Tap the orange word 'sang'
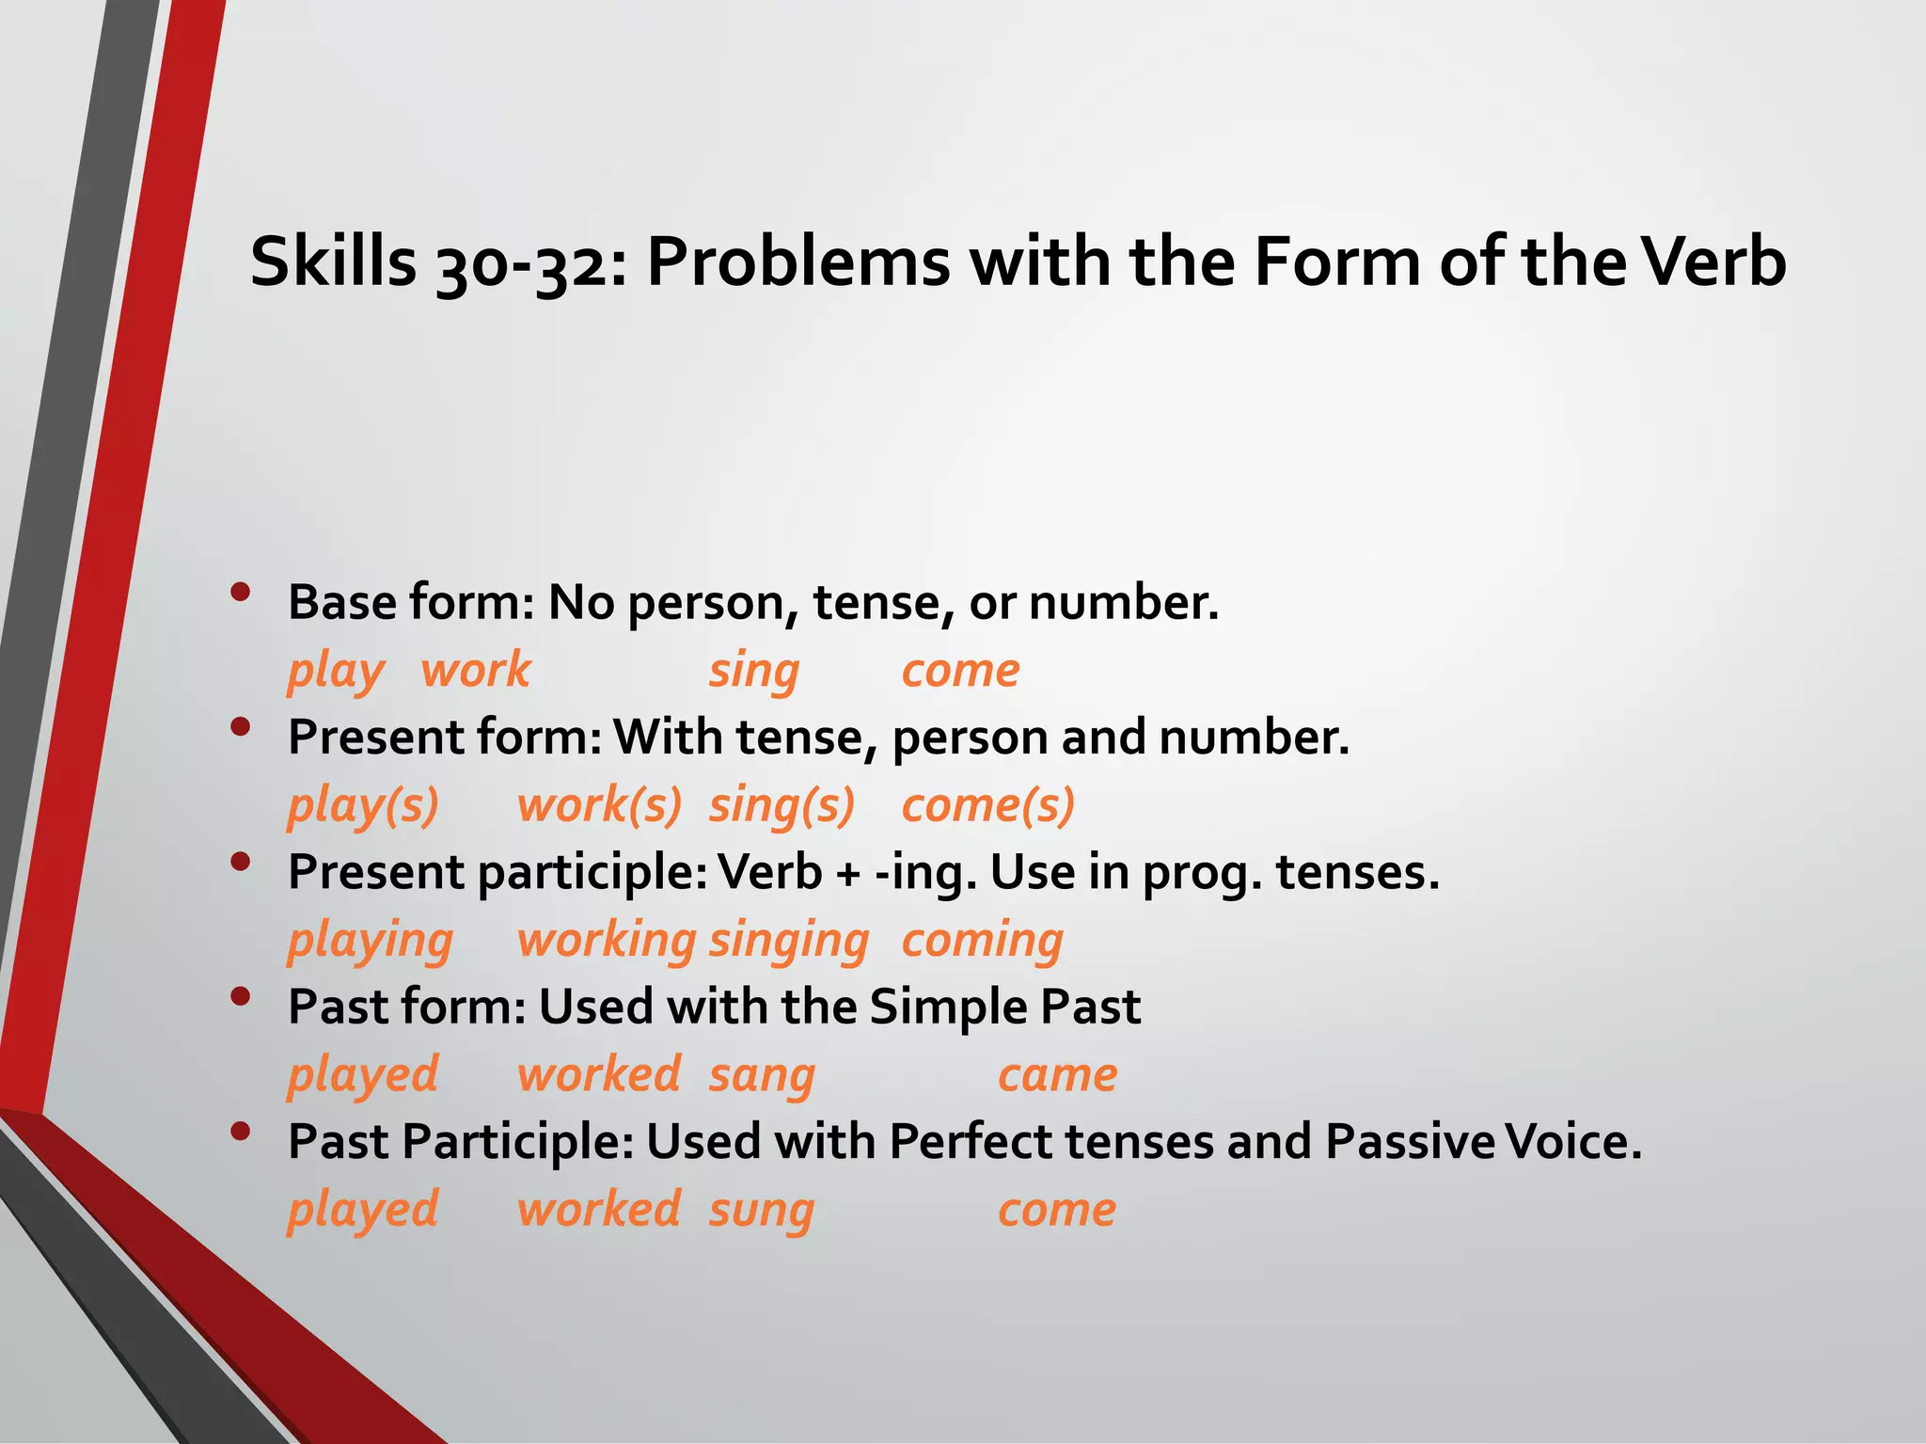click(762, 1075)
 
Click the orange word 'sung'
click(761, 1210)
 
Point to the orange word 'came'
click(1057, 1075)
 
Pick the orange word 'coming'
click(982, 941)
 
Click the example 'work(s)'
click(599, 806)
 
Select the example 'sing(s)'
click(781, 806)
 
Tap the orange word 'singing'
click(788, 941)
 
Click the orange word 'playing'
click(370, 941)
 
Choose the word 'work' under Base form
click(476, 671)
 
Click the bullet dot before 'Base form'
click(240, 593)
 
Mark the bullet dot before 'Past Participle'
click(240, 1132)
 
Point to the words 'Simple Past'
click(1004, 1008)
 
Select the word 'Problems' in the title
click(798, 262)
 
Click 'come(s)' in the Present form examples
click(987, 806)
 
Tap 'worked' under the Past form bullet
click(599, 1075)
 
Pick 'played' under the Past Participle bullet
click(363, 1210)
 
